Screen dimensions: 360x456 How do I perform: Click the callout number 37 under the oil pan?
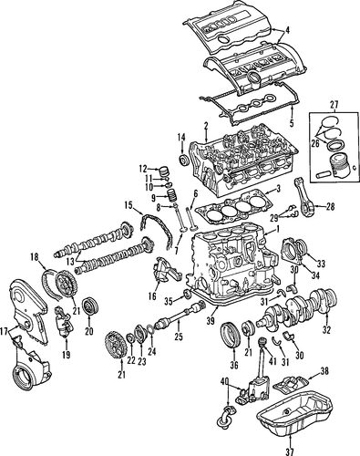coord(290,451)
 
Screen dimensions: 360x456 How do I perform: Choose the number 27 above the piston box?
coord(334,105)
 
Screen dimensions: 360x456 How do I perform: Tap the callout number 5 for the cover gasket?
coord(292,123)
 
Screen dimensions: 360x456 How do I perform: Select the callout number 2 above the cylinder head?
coord(206,125)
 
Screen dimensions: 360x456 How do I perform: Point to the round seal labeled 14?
coord(183,161)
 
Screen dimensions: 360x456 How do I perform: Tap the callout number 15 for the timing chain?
coord(129,205)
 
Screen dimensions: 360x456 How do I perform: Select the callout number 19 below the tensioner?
coord(66,354)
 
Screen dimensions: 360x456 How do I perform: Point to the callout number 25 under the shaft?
coord(179,337)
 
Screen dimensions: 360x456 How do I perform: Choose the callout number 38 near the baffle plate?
coord(324,370)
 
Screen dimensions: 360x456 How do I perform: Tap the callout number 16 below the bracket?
coord(152,295)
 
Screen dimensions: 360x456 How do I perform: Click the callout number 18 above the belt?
coord(35,257)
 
